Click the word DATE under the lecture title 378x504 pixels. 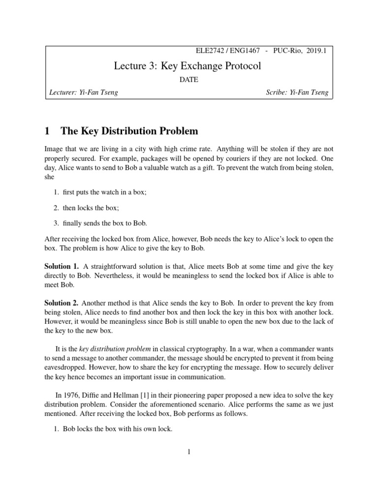[x=189, y=80]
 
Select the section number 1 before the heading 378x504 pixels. [x=47, y=131]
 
